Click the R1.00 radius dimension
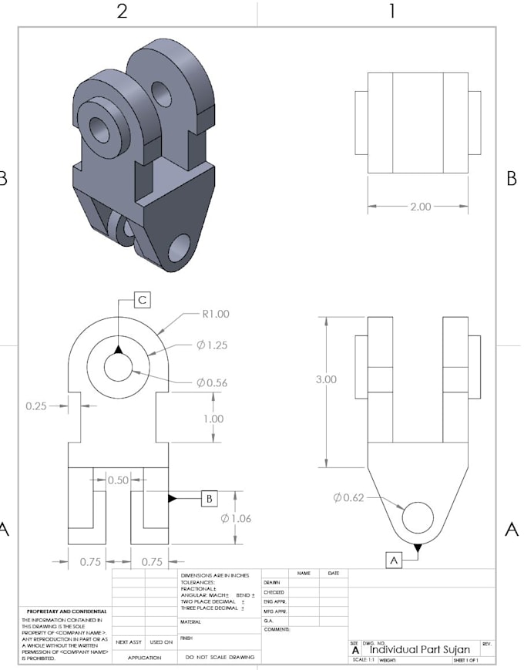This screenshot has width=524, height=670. pos(215,315)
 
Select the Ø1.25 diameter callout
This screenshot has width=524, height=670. pos(213,345)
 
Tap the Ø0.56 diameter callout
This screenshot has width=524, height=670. pos(212,382)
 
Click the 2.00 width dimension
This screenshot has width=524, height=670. pos(420,207)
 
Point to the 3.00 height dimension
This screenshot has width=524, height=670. pos(326,380)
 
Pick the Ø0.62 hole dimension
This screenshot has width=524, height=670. pos(348,497)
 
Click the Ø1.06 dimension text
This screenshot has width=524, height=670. pos(235,518)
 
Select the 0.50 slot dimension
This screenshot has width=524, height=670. pos(118,480)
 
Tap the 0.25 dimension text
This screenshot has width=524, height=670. pos(35,405)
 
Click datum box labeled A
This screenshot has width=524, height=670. pos(394,561)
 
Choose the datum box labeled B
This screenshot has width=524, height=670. pos(209,499)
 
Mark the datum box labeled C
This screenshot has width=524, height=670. pos(143,300)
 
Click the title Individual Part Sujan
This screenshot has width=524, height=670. pos(419,649)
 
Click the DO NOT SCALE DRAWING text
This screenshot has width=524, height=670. pos(220,658)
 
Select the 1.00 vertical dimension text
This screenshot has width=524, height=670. pos(213,419)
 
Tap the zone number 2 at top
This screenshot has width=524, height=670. pos(122,11)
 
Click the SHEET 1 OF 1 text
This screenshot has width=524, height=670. pos(465,661)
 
